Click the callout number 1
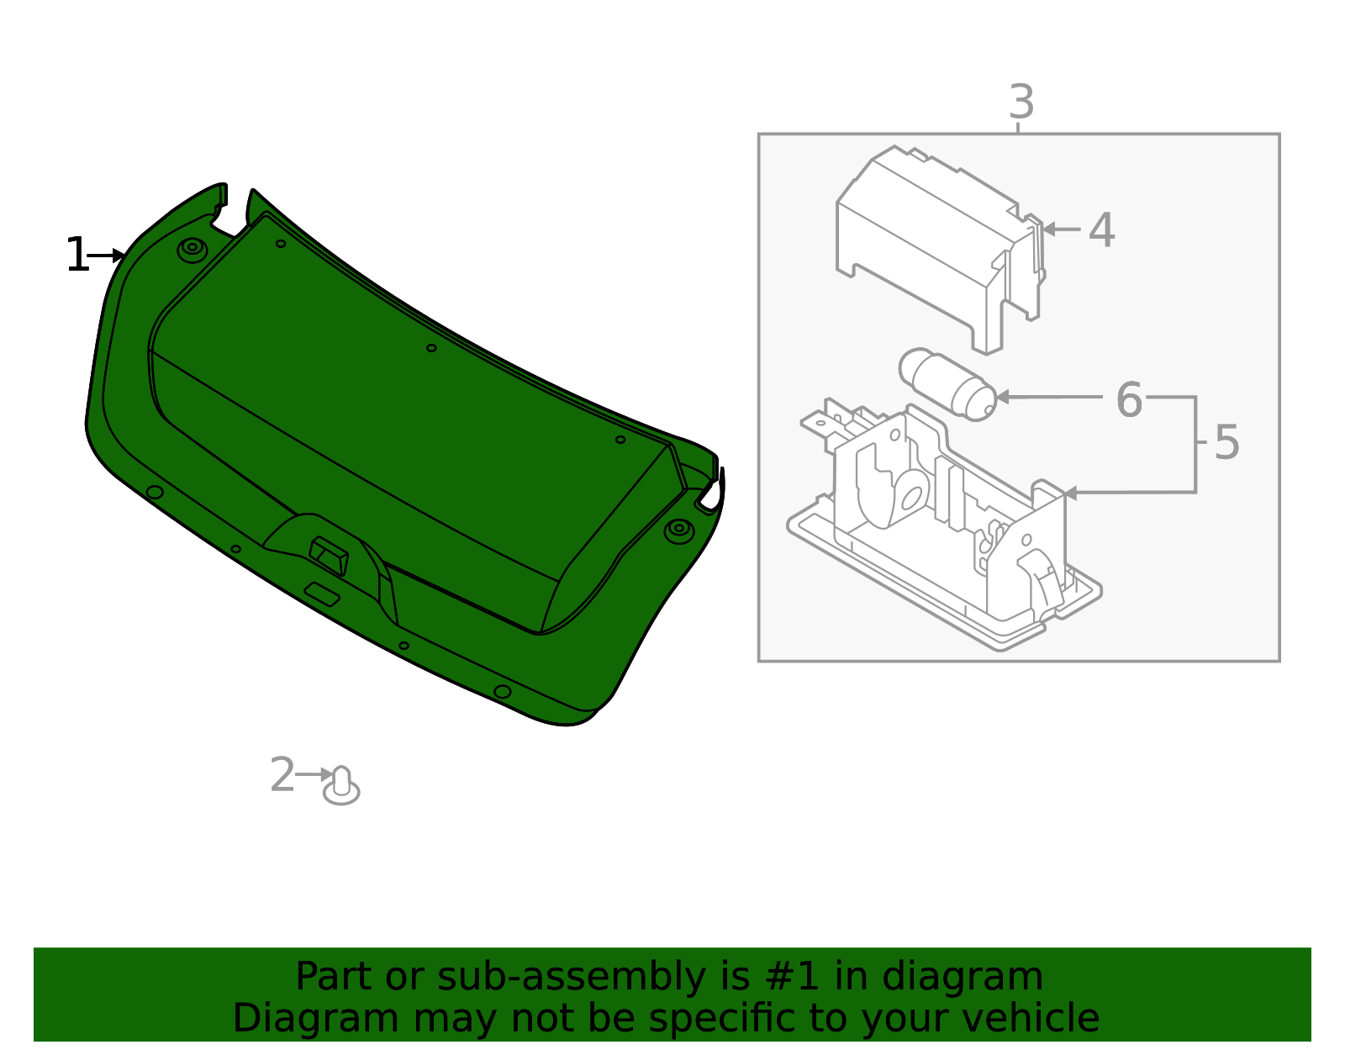coord(77,256)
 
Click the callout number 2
coord(282,775)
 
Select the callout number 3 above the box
coord(1021,103)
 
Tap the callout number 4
coord(1101,230)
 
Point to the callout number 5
coord(1226,442)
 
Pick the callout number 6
coord(1129,399)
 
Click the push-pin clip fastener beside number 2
coord(341,786)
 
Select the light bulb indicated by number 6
coord(947,384)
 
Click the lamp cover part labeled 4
coord(933,244)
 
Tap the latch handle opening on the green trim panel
coord(329,556)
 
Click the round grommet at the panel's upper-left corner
coord(193,249)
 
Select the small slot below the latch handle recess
coord(323,594)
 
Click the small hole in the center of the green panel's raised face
coord(431,348)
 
